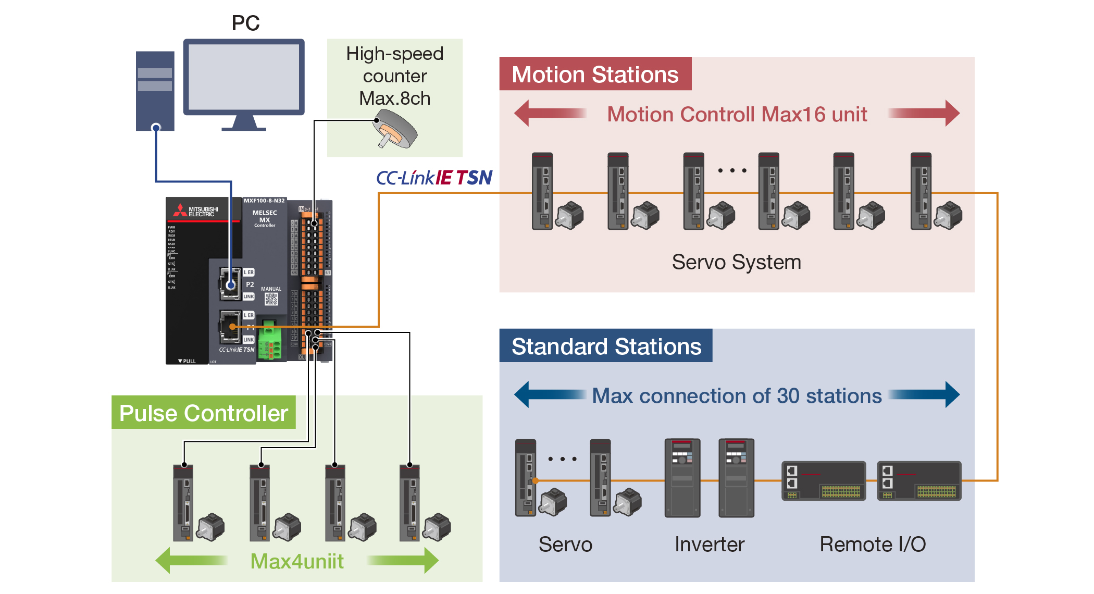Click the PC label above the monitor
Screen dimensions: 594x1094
(245, 23)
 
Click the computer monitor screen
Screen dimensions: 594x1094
(243, 77)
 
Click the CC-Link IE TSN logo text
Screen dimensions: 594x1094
(434, 178)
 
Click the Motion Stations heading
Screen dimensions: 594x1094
(595, 75)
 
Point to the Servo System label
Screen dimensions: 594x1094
(736, 262)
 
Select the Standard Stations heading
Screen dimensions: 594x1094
(606, 346)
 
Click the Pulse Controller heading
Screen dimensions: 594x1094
(204, 413)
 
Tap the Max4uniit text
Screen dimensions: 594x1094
(297, 562)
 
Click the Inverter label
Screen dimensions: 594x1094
(709, 544)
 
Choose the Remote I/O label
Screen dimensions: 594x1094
(873, 544)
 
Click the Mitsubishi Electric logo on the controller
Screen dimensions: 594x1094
(196, 211)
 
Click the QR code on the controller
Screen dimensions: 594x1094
(271, 299)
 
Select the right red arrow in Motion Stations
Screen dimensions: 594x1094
(924, 114)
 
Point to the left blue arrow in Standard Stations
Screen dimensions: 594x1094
(550, 394)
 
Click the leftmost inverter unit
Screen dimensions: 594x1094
(682, 478)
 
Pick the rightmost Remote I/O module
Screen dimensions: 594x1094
(919, 481)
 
